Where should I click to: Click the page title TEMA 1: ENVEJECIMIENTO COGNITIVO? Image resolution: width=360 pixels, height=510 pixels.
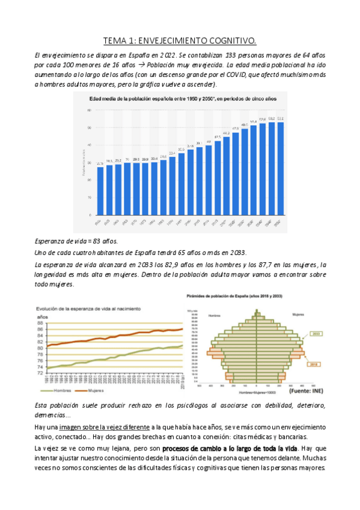point(180,41)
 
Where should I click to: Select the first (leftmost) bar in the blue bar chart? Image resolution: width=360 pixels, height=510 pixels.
point(100,191)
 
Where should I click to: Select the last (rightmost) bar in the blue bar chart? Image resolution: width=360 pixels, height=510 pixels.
point(280,168)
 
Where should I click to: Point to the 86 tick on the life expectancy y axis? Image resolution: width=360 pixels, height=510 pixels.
point(41,329)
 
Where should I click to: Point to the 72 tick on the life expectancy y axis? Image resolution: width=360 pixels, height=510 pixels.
point(41,373)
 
